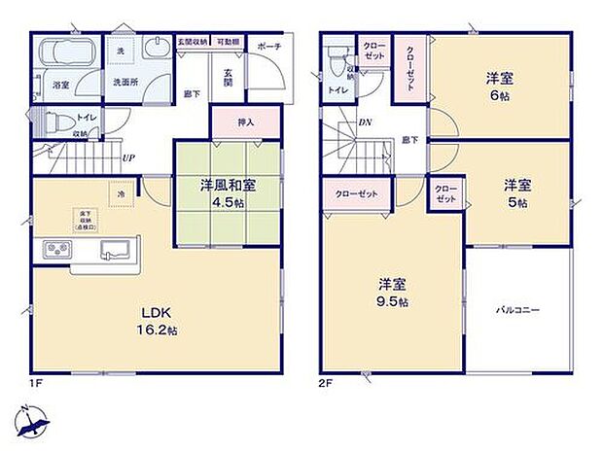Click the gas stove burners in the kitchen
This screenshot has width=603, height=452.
[x=55, y=250]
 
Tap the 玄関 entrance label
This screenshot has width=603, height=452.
[x=227, y=79]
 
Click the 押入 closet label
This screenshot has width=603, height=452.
[x=246, y=123]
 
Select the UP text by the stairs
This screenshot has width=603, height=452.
[x=127, y=157]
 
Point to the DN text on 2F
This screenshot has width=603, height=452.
[x=366, y=122]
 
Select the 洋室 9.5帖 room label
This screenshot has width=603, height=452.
[x=393, y=293]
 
